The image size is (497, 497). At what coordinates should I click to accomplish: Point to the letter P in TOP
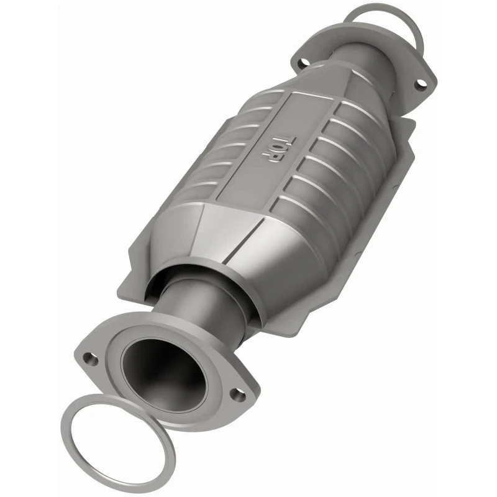click(x=269, y=158)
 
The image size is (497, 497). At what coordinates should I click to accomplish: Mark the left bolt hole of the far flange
click(x=304, y=63)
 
